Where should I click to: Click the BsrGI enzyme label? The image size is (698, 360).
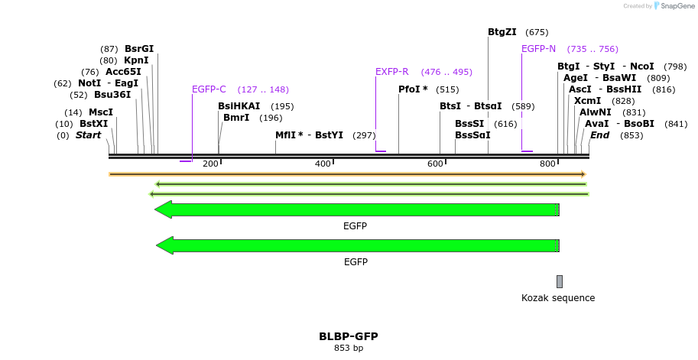139,49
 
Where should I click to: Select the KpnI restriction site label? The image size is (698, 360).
136,60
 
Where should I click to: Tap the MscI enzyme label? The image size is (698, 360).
101,112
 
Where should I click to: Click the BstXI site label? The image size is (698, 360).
94,124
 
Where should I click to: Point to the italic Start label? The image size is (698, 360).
88,135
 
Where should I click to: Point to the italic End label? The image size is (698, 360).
599,135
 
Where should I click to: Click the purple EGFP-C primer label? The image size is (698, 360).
209,89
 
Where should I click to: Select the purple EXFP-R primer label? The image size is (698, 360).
391,72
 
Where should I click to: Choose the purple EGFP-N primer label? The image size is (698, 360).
538,49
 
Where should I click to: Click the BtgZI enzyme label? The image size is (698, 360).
502,32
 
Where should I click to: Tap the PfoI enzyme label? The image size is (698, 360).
413,89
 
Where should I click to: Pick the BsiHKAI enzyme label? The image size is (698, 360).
239,106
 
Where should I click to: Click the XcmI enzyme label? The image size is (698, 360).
587,101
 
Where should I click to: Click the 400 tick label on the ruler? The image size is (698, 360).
323,164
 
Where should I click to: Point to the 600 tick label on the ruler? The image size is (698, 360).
436,164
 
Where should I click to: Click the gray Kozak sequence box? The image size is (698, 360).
560,281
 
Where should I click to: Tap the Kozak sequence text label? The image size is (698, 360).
558,298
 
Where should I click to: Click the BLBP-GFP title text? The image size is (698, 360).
349,336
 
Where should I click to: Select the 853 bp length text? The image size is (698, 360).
349,349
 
